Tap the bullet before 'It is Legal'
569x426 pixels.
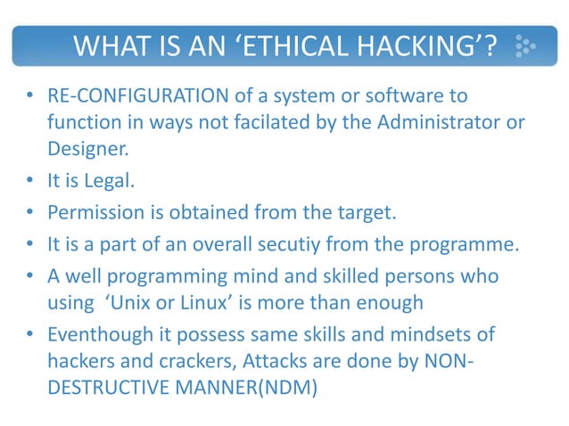coord(31,182)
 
